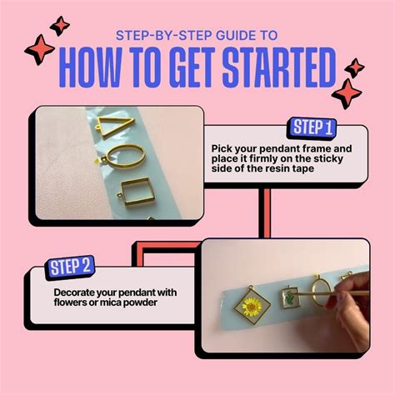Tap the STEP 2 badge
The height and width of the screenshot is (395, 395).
click(x=71, y=267)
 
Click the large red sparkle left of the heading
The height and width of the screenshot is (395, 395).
click(x=40, y=51)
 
